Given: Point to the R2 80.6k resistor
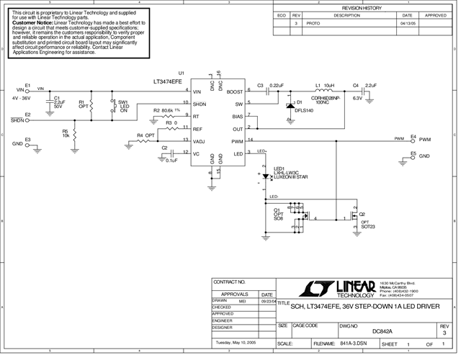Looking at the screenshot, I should tap(166, 116).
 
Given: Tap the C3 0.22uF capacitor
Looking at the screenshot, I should tap(264, 91).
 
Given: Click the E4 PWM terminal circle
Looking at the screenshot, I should tap(405, 140).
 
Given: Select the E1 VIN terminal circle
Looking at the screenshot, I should tap(28, 91).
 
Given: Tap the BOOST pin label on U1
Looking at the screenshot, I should tap(234, 91).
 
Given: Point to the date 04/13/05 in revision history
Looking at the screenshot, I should tap(407, 23).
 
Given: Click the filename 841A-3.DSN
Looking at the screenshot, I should tap(354, 344).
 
